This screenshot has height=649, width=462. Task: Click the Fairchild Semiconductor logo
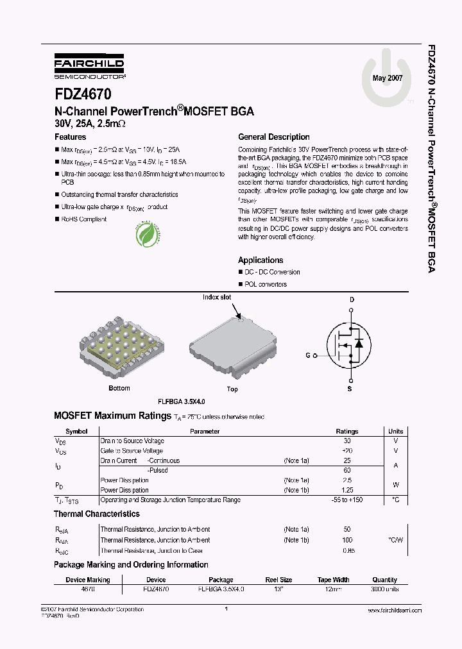(89, 67)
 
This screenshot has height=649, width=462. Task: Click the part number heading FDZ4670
(83, 94)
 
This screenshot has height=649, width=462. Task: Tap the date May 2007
(387, 78)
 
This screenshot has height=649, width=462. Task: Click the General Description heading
(273, 137)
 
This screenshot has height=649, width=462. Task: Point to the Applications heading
(261, 260)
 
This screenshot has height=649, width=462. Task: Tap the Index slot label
(217, 298)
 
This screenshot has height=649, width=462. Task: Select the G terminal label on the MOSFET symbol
(307, 355)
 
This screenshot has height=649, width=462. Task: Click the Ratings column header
(347, 432)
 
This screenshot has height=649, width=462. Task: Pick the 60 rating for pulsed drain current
(347, 470)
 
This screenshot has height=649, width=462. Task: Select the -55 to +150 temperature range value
(347, 500)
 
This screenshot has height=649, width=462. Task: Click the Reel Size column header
(278, 580)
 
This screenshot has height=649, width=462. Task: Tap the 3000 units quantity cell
(384, 589)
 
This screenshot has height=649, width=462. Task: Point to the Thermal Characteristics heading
(96, 514)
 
